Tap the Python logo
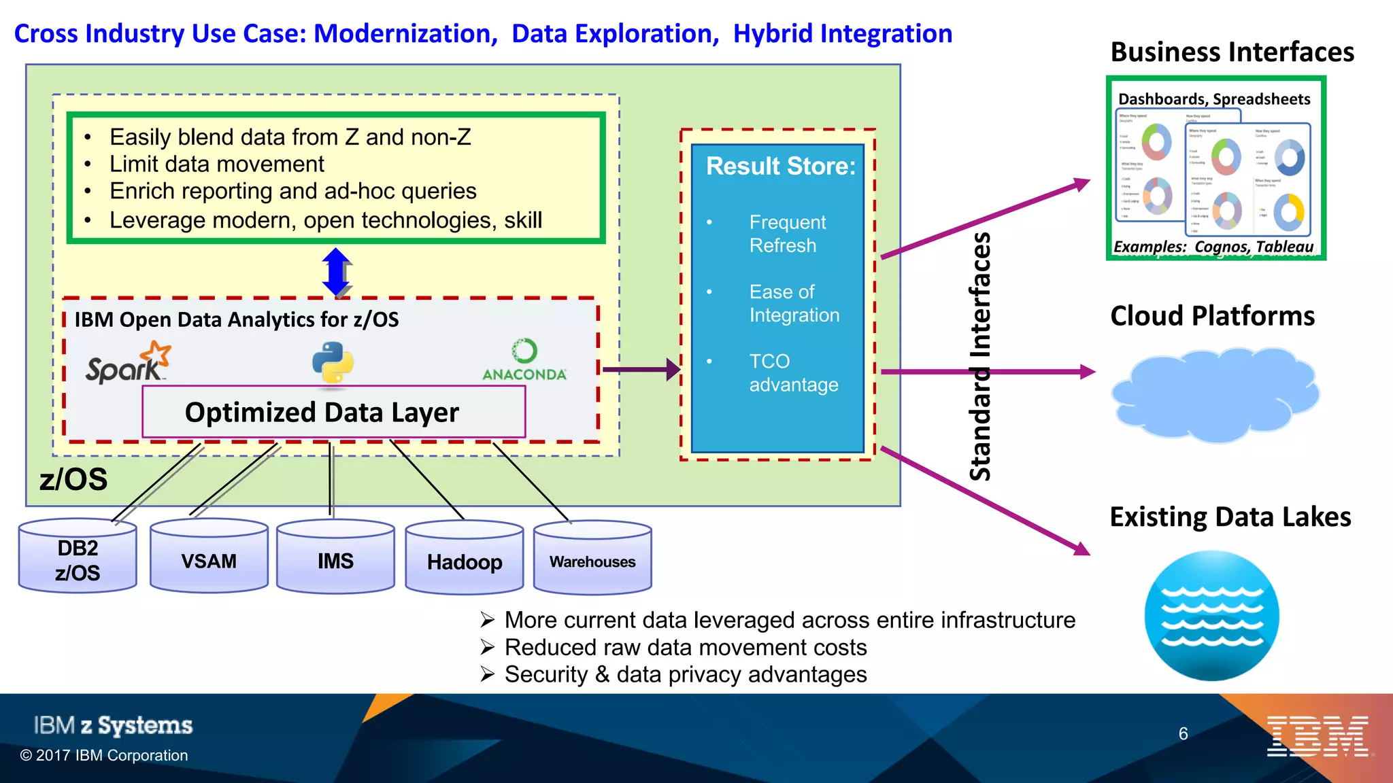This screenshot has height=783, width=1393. (333, 362)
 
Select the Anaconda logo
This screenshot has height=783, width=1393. (524, 360)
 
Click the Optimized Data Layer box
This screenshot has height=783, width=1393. (333, 413)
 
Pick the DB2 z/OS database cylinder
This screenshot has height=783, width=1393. (78, 559)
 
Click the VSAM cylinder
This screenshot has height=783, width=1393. (209, 559)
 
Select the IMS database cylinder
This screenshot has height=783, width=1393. (335, 559)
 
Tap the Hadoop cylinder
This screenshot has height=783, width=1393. (465, 561)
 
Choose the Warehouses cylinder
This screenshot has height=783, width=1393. (592, 561)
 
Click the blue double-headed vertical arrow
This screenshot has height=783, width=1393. (337, 272)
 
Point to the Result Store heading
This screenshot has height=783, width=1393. (780, 167)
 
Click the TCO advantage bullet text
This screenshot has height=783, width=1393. (793, 372)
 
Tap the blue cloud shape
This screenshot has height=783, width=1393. (1215, 394)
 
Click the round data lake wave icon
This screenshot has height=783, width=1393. (1211, 616)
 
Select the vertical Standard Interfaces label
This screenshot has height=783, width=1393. (979, 357)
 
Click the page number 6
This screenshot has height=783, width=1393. (1183, 734)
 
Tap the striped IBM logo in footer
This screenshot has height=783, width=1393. (1318, 736)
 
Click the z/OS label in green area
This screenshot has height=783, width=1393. (73, 479)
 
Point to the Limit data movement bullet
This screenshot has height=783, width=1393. (216, 164)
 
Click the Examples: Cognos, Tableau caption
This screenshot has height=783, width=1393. (1213, 247)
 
